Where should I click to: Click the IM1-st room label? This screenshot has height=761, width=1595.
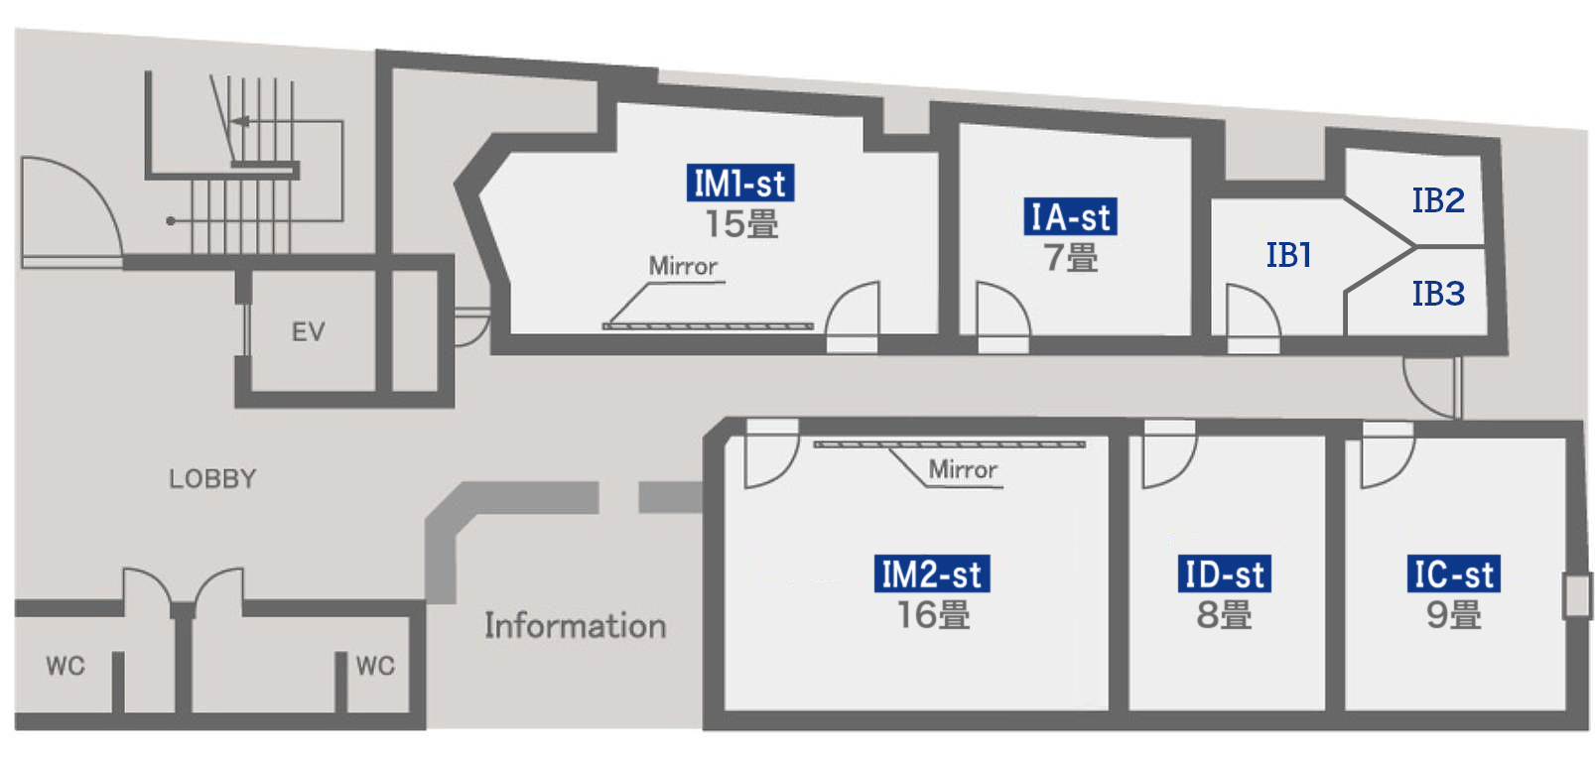[739, 184]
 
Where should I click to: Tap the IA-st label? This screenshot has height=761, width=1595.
[1070, 217]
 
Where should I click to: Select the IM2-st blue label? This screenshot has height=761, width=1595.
[932, 574]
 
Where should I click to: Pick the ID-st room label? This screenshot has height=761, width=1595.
[1225, 574]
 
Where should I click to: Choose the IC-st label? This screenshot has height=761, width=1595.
[1453, 574]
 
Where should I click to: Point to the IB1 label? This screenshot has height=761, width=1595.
[1288, 255]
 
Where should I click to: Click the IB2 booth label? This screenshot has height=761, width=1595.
[1437, 200]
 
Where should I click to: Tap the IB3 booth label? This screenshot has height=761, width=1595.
[1437, 294]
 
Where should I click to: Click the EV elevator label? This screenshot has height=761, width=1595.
[308, 331]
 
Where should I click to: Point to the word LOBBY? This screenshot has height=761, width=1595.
[212, 479]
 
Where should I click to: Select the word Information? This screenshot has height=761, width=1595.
[575, 626]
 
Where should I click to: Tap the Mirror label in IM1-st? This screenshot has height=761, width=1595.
[683, 266]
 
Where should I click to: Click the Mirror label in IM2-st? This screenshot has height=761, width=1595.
[963, 469]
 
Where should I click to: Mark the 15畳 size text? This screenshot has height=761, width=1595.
[740, 224]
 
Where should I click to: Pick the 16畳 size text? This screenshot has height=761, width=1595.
[933, 615]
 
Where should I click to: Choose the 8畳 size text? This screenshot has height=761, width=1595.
[1224, 615]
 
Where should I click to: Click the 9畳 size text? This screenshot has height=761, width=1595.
[1453, 615]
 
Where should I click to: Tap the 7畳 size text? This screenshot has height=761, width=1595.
[1070, 258]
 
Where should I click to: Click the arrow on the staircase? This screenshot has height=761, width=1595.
[239, 122]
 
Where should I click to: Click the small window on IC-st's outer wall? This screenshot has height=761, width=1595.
[1575, 595]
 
